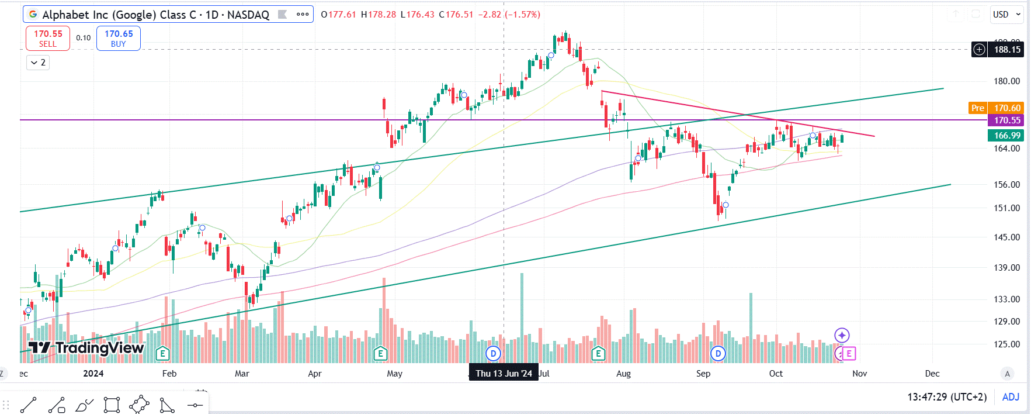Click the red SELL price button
pyautogui.click(x=48, y=39)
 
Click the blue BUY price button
pyautogui.click(x=119, y=39)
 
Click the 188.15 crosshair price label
pyautogui.click(x=1007, y=50)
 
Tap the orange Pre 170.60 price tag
pyautogui.click(x=995, y=108)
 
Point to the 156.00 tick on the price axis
pyautogui.click(x=1007, y=185)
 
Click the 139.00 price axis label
pyautogui.click(x=1007, y=268)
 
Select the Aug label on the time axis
pyautogui.click(x=623, y=374)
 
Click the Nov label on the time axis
pyautogui.click(x=859, y=374)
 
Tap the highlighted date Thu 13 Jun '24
pyautogui.click(x=504, y=374)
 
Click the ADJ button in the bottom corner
pyautogui.click(x=1011, y=397)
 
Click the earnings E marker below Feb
pyautogui.click(x=163, y=353)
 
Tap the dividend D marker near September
pyautogui.click(x=718, y=353)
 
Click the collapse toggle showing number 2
pyautogui.click(x=38, y=63)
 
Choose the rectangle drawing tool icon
pyautogui.click(x=112, y=405)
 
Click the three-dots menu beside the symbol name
pyautogui.click(x=303, y=15)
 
